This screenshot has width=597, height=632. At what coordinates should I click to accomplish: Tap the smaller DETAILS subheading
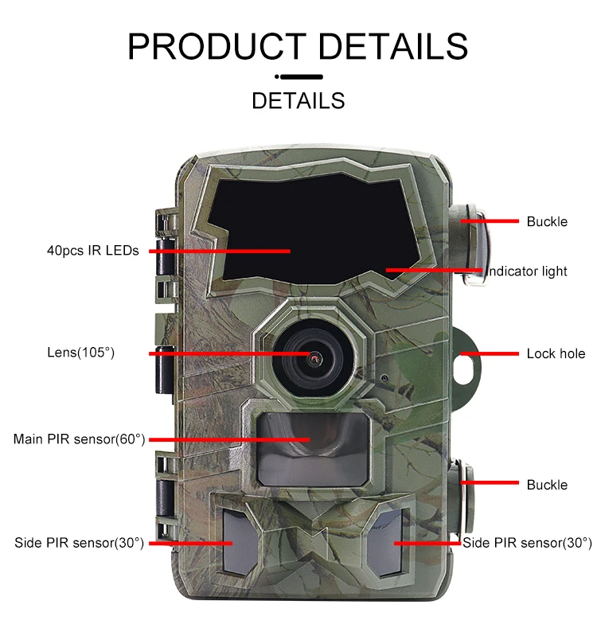coord(298,101)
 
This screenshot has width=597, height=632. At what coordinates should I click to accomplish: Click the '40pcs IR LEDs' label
coord(92,251)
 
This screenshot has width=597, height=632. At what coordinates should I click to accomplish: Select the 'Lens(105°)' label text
coord(80,353)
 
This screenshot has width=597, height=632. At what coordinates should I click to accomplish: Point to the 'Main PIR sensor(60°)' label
coord(79,439)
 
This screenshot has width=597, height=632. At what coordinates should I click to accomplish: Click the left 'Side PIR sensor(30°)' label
coord(79,543)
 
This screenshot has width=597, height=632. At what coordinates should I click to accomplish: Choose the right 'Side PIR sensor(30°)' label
coord(527,543)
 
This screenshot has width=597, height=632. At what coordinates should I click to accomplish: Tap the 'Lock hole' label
coord(556,353)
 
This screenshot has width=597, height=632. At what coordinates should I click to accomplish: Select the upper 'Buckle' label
coord(547,221)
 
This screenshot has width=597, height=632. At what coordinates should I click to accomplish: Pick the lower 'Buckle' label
coord(547,484)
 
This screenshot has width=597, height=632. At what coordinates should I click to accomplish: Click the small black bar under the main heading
coord(298,77)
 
